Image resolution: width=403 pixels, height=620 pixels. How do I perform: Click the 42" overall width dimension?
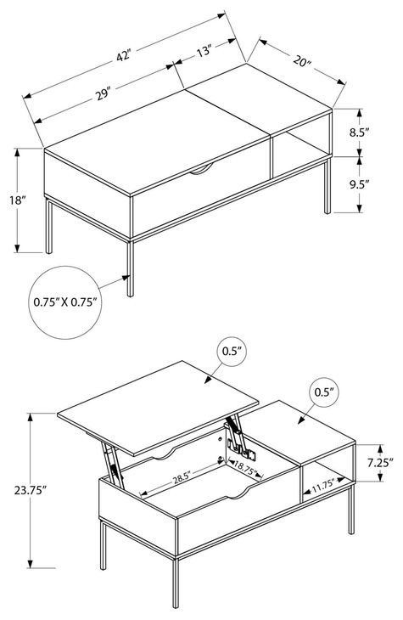point(124,56)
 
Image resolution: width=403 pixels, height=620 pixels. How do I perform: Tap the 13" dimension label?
point(203,52)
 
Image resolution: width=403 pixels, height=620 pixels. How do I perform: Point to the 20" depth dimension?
point(303,63)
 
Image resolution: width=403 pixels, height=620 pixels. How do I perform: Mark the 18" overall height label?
point(18,200)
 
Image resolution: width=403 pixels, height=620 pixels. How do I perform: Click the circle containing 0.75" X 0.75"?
point(66,302)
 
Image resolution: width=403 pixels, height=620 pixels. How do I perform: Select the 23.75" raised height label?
point(28,491)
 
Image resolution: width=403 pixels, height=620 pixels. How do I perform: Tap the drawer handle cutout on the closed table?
point(201,172)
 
